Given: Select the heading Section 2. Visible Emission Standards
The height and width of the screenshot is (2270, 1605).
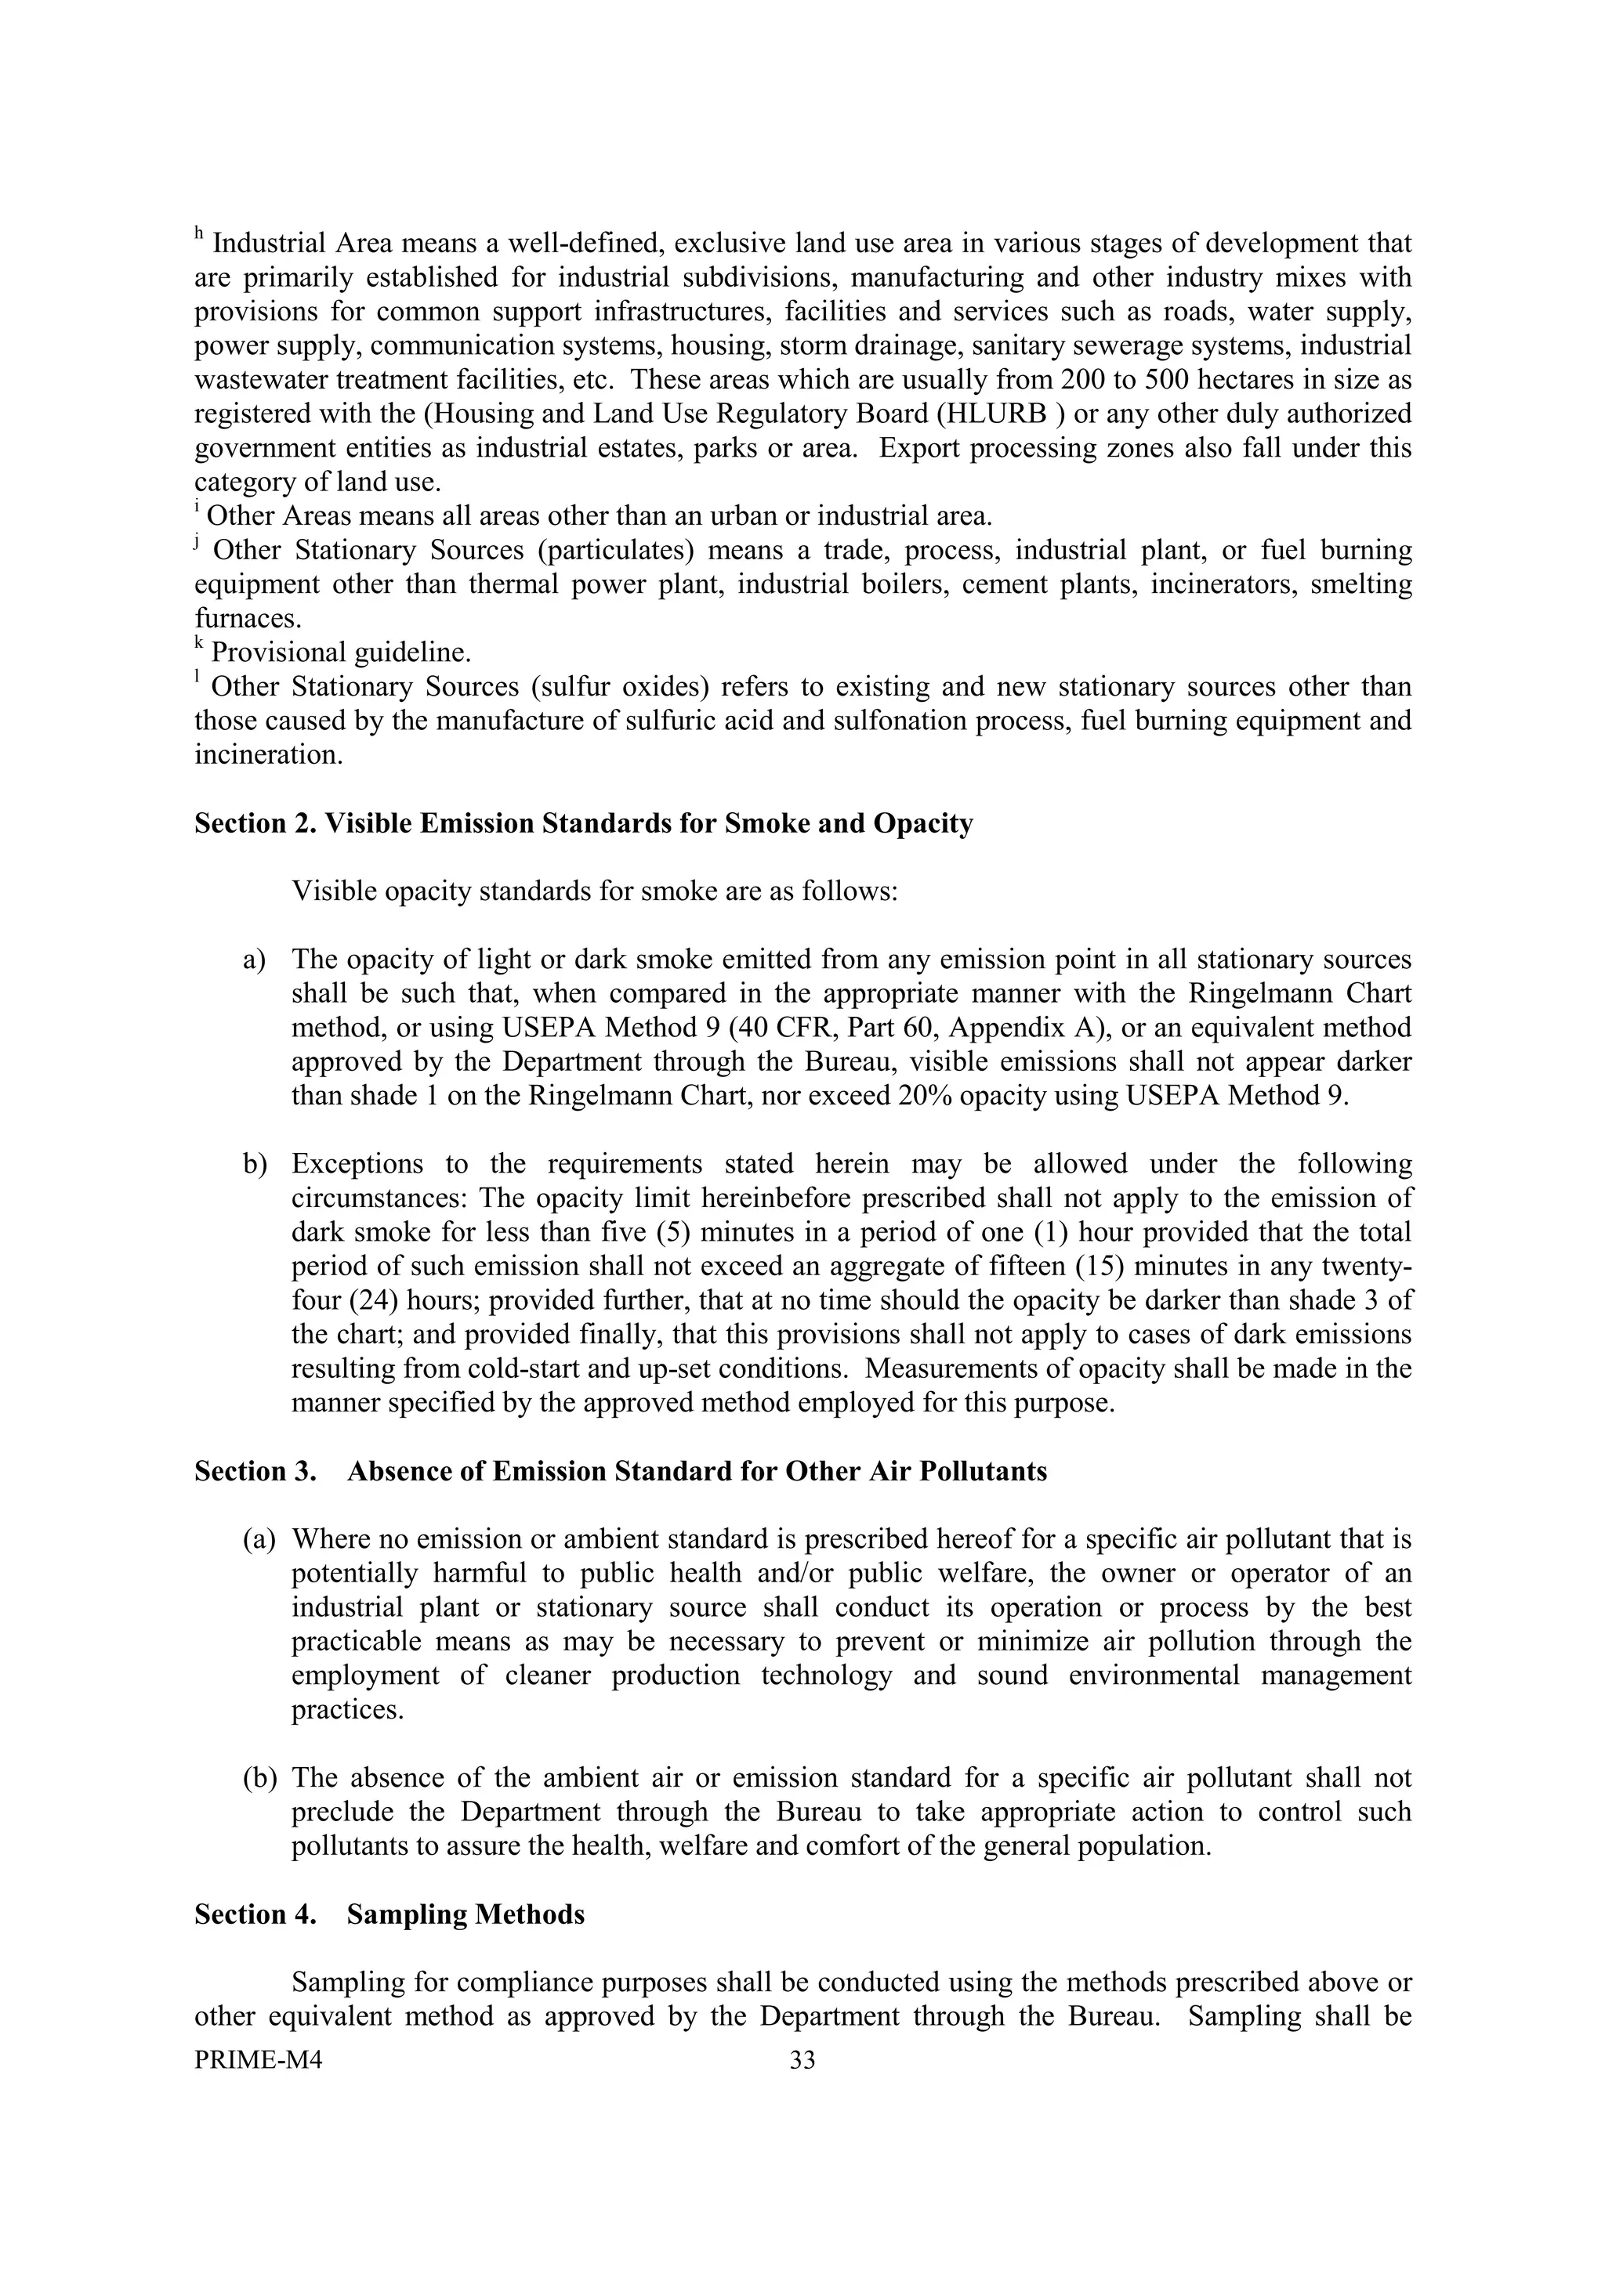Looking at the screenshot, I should pos(583,823).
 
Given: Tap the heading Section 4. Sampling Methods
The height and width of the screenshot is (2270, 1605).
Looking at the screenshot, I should pos(389,1915).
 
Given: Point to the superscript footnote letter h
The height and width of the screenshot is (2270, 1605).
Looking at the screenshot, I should pos(199,235).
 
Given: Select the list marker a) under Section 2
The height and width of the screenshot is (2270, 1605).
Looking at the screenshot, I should pos(255,960).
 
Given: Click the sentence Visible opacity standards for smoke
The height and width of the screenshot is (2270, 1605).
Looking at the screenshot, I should pos(594,891).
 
